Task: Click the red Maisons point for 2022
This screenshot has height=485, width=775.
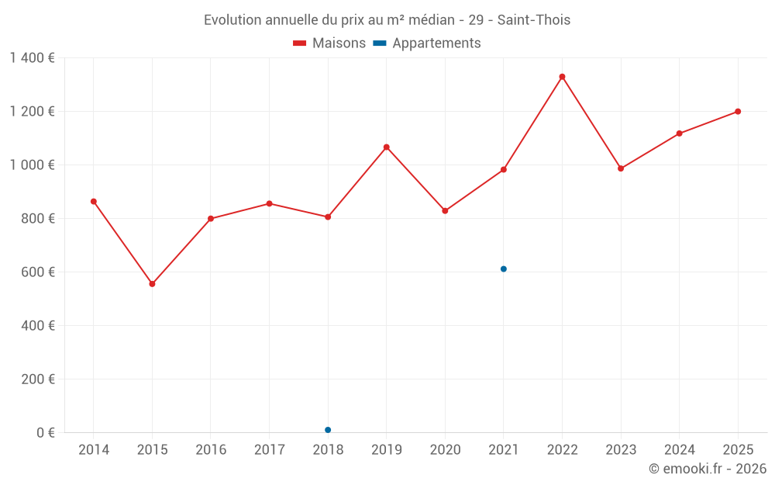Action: coord(562,77)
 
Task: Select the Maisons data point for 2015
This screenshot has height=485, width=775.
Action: coord(152,284)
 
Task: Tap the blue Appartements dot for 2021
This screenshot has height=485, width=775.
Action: coord(504,269)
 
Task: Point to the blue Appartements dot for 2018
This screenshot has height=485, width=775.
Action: coord(328,430)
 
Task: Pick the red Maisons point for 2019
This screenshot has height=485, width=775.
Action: coord(387,147)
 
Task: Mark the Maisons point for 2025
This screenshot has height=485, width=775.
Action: coord(738,112)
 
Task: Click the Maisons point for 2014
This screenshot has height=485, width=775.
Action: coord(94,202)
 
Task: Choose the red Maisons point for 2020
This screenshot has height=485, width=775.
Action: coord(445,211)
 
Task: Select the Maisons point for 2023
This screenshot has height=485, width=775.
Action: coord(621,168)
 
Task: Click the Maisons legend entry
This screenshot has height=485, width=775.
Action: coord(329,43)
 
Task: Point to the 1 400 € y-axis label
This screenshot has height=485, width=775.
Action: coord(32,58)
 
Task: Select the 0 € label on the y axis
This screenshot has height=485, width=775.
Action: coord(45,433)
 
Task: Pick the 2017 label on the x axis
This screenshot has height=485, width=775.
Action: coord(269,450)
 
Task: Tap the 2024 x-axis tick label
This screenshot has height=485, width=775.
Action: coord(679,450)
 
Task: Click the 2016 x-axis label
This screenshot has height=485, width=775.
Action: coord(211,450)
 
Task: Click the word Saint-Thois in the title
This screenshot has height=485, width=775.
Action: coord(535,20)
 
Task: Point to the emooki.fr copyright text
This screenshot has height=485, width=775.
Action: coord(708,469)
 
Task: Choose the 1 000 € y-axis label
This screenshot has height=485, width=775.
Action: coord(32,165)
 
